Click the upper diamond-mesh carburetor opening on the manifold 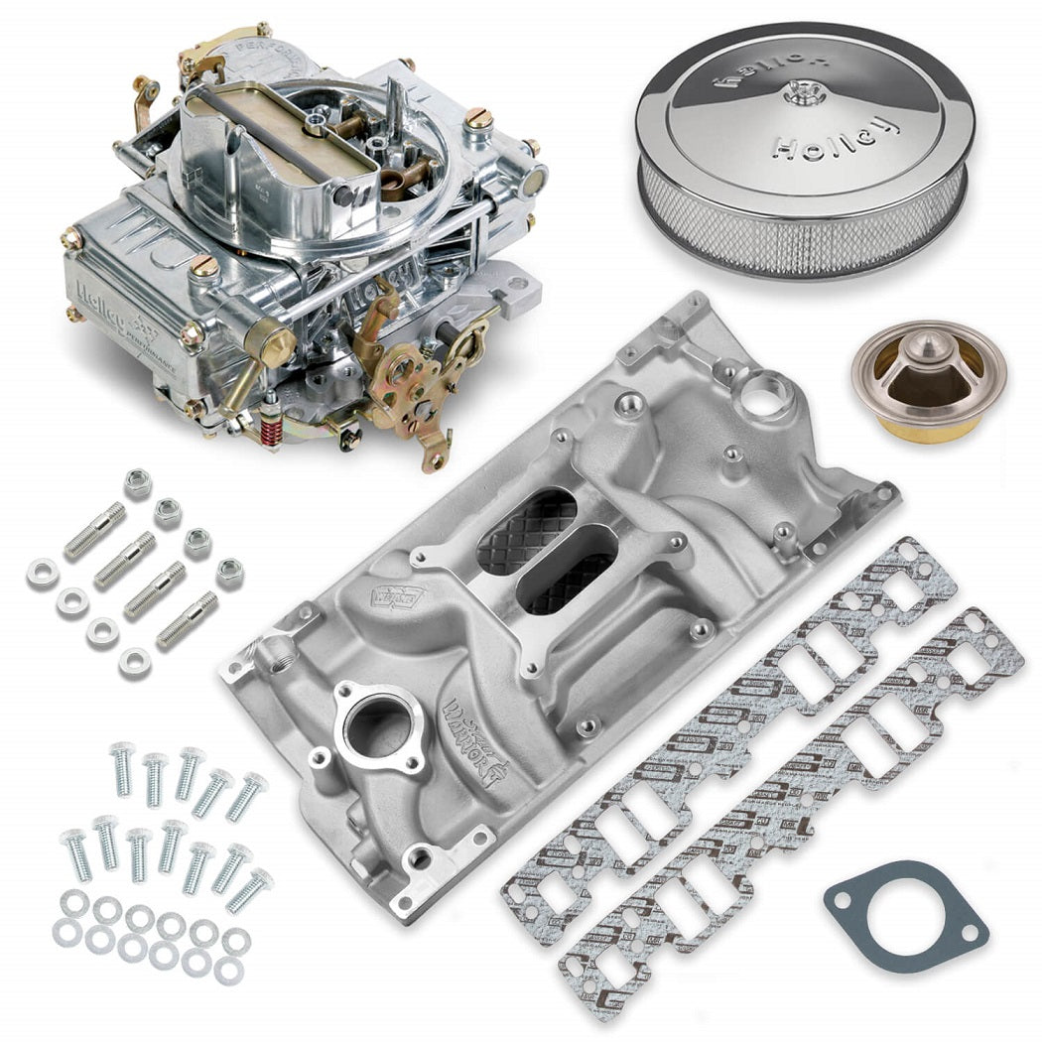(x=526, y=532)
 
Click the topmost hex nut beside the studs (x=138, y=483)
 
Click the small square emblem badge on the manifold (x=386, y=601)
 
